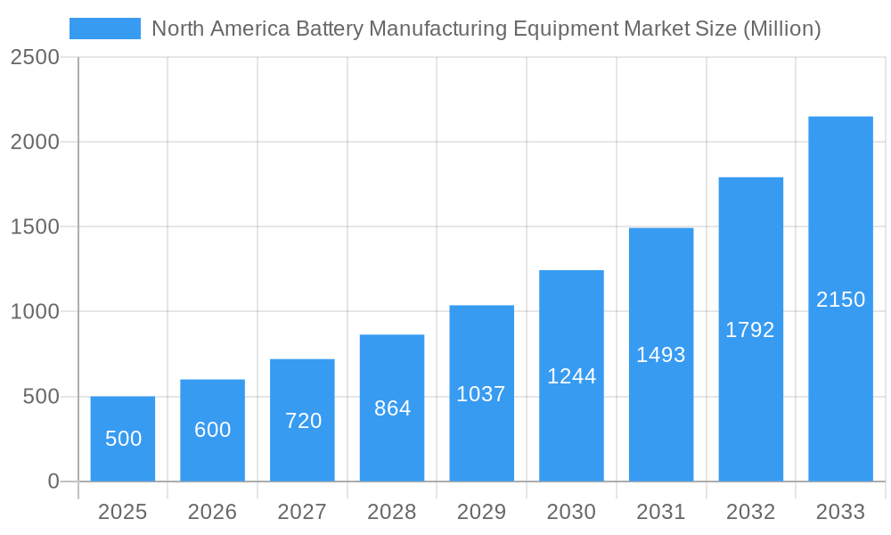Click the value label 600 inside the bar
pyautogui.click(x=212, y=430)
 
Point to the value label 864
pyautogui.click(x=392, y=408)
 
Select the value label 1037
pyautogui.click(x=481, y=394)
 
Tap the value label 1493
pyautogui.click(x=661, y=355)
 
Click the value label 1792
pyautogui.click(x=750, y=330)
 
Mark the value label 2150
pyautogui.click(x=840, y=300)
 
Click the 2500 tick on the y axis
pyautogui.click(x=34, y=57)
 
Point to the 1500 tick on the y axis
pyautogui.click(x=34, y=227)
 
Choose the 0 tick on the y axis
pyautogui.click(x=53, y=481)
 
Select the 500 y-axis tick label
pyautogui.click(x=41, y=397)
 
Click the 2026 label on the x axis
pyautogui.click(x=212, y=512)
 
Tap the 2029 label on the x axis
pyautogui.click(x=481, y=512)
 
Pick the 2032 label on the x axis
pyautogui.click(x=750, y=512)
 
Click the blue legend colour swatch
pyautogui.click(x=105, y=29)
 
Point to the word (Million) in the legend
pyautogui.click(x=780, y=29)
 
